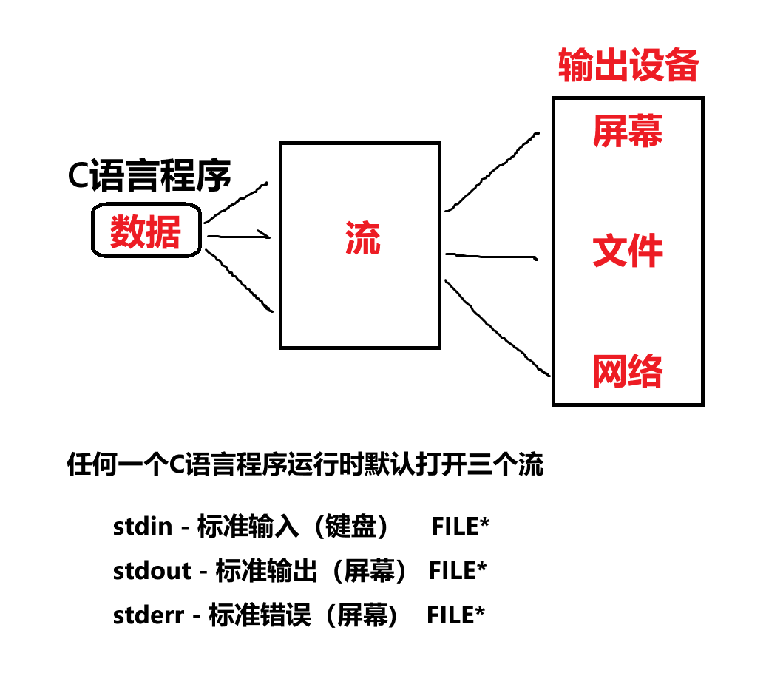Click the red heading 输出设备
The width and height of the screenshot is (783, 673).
tap(628, 66)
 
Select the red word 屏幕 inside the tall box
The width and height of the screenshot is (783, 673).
tap(627, 131)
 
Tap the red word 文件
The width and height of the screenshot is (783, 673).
tap(627, 252)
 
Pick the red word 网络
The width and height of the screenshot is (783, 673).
tap(627, 371)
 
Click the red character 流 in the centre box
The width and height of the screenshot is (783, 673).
tap(362, 239)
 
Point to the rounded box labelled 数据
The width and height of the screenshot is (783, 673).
tap(146, 232)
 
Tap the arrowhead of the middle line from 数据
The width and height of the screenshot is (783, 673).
tap(268, 236)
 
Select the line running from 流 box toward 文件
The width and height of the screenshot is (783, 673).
tap(491, 256)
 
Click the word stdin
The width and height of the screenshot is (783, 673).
tap(143, 527)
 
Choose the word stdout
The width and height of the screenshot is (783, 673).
tap(151, 571)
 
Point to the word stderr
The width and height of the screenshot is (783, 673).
tap(148, 615)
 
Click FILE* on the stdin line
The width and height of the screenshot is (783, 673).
tap(460, 527)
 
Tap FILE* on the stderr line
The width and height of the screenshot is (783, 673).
tap(455, 615)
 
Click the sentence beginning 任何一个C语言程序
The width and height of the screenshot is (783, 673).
tap(305, 466)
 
